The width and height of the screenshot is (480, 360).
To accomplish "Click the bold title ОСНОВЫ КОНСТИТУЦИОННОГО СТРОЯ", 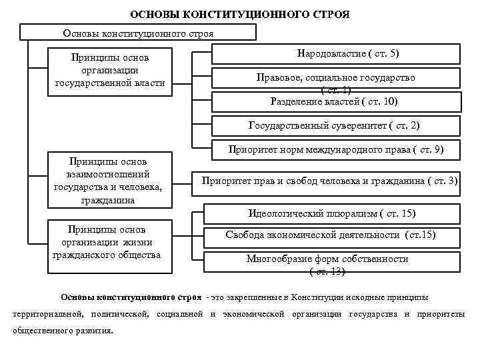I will (x=239, y=14).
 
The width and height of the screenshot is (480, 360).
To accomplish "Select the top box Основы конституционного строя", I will (x=138, y=33).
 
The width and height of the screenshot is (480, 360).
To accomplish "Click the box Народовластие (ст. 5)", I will (x=336, y=53).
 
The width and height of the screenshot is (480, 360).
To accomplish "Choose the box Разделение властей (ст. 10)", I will (x=336, y=101).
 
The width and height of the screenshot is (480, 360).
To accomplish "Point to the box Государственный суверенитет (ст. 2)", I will (x=336, y=125).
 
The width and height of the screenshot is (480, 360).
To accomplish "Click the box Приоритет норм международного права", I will (x=336, y=150).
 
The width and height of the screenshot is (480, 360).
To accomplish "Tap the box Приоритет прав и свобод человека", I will (x=330, y=180).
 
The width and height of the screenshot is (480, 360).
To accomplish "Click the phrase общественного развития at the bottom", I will (x=63, y=331).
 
